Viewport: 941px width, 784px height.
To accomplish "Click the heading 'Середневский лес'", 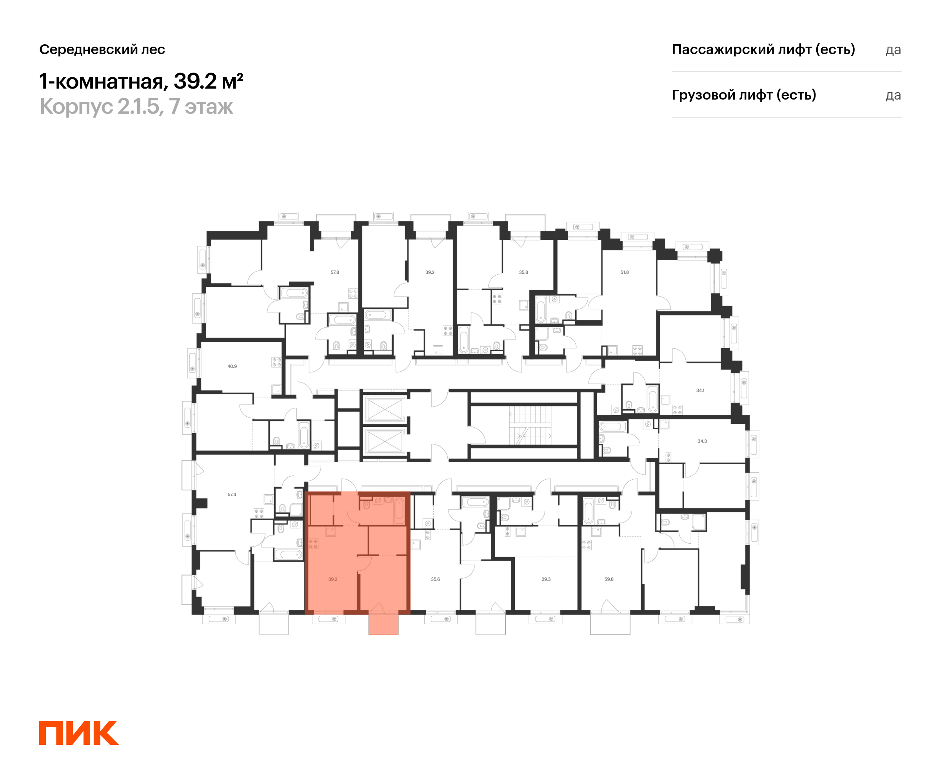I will click(x=102, y=49).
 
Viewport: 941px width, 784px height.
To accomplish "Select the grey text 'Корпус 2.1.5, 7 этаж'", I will click(x=136, y=107).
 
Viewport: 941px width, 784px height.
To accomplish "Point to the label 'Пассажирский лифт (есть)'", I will click(x=763, y=49).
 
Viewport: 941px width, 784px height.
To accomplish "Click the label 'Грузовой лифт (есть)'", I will click(x=743, y=95).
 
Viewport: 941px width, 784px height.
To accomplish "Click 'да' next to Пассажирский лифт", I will click(x=893, y=50).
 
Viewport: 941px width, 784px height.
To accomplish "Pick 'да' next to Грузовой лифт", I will click(x=893, y=95).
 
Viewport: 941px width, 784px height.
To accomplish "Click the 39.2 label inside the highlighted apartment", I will click(x=332, y=579).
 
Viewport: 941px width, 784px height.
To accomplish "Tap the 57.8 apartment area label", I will click(x=335, y=272).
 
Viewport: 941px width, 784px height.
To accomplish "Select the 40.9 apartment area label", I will click(x=232, y=367).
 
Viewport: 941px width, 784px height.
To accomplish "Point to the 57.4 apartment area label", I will click(x=232, y=495).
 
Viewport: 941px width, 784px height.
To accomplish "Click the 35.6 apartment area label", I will click(x=435, y=579).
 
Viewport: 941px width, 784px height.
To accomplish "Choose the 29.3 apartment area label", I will click(x=546, y=579).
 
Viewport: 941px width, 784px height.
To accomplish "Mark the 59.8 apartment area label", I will click(x=609, y=579).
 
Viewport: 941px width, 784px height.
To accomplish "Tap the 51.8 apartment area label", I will click(x=624, y=272).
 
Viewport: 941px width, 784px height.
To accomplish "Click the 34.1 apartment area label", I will click(x=700, y=391).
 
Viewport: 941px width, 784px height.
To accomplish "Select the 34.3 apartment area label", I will click(x=702, y=441).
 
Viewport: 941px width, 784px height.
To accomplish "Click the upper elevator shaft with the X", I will click(x=385, y=409).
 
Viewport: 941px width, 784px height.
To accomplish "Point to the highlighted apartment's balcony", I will click(x=383, y=624).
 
